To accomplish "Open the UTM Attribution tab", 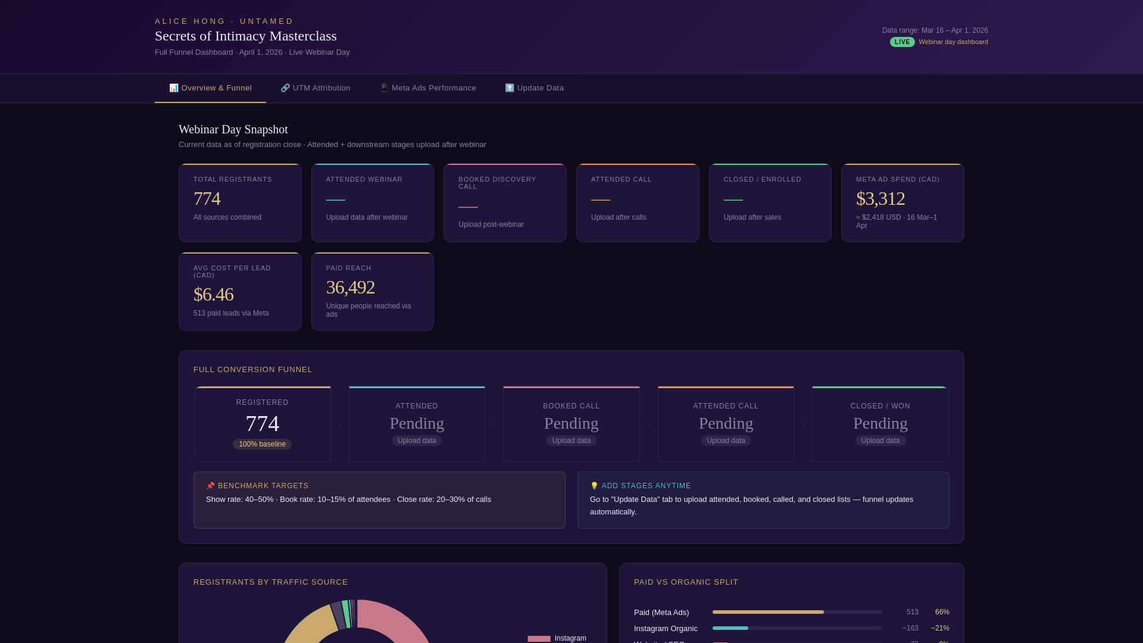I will (316, 88).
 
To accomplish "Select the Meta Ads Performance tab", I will (427, 88).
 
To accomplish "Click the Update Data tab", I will (534, 88).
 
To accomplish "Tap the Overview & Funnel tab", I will (210, 88).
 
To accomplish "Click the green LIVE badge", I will (902, 42).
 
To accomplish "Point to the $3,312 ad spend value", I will (880, 199).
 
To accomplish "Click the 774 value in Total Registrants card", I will (207, 199).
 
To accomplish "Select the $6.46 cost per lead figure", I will (213, 295).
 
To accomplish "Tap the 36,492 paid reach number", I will (350, 288).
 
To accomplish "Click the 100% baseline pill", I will (262, 444).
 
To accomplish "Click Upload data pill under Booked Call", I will (571, 441).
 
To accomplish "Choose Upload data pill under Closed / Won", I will (880, 441).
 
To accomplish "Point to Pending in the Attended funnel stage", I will (417, 423).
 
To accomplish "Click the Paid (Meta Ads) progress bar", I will (768, 612).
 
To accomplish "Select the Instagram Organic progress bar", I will (730, 628).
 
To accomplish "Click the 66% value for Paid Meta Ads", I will (942, 612).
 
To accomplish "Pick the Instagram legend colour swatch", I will (539, 638).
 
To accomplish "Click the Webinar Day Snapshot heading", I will (233, 130).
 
